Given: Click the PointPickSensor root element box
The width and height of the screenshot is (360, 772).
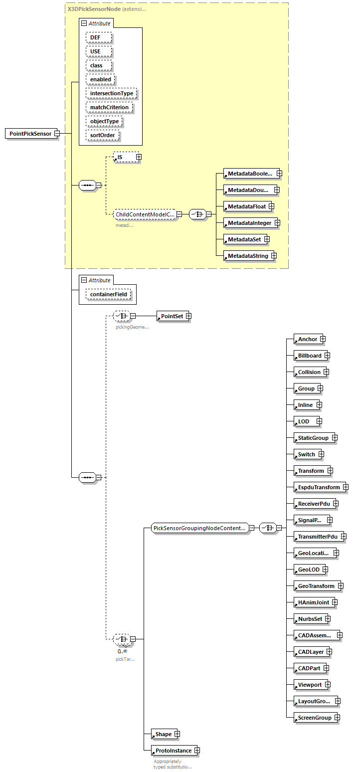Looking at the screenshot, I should click(x=30, y=134).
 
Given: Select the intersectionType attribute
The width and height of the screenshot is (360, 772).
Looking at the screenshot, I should click(x=111, y=93).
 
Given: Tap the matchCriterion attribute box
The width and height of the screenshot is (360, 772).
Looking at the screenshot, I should click(x=109, y=107).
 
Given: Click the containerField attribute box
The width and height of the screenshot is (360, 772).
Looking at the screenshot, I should click(x=108, y=294).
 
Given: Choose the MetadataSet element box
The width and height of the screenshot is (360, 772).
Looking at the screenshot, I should click(x=244, y=239).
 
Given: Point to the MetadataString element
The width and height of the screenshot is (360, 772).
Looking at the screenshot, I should click(x=247, y=256).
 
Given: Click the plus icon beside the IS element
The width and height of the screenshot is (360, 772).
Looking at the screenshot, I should click(x=139, y=157).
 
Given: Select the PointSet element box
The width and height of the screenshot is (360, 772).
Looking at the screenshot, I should click(x=172, y=316).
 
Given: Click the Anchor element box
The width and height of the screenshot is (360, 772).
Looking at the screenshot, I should click(x=307, y=339).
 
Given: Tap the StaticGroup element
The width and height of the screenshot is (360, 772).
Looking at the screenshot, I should click(x=313, y=438).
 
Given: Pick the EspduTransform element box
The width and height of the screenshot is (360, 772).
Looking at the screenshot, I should click(x=318, y=487).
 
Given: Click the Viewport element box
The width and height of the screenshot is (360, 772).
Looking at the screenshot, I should click(x=309, y=685).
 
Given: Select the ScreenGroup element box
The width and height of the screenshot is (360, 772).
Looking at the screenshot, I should click(x=314, y=718).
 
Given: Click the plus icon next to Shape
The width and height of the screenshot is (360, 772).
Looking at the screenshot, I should click(x=177, y=734).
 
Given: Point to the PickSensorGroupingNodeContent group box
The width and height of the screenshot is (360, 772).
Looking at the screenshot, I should click(x=199, y=528).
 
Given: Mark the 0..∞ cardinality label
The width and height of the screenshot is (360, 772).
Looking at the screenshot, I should click(x=122, y=651).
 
